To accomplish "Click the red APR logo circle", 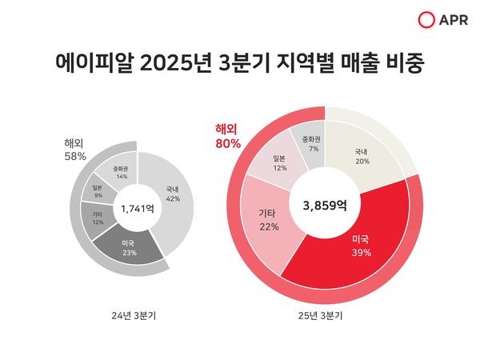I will tap(426, 20).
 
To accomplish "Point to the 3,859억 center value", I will tap(325, 206).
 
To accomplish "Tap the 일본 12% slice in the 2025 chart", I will tap(279, 162).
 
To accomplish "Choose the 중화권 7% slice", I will tap(311, 143).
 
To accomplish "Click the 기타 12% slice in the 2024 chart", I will tap(98, 217).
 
